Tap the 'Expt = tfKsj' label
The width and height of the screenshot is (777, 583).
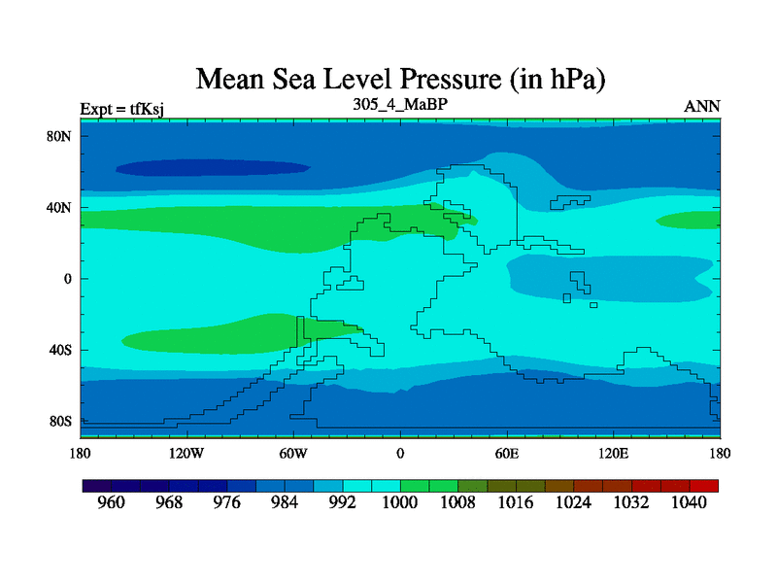click(x=121, y=108)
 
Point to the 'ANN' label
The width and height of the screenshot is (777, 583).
click(x=702, y=107)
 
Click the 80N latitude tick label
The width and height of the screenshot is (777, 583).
click(x=60, y=136)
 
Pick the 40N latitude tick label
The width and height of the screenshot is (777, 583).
click(x=60, y=208)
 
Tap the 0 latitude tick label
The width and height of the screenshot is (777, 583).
click(x=68, y=279)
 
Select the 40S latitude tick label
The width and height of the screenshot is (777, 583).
click(x=60, y=350)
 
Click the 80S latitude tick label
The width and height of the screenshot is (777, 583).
click(x=60, y=422)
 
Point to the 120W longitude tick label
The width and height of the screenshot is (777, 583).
click(x=186, y=453)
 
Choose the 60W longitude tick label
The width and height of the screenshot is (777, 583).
click(x=293, y=453)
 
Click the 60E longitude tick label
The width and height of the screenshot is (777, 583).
click(x=507, y=453)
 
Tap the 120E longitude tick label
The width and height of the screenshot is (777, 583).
click(x=613, y=453)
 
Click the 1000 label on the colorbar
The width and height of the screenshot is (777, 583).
click(x=400, y=502)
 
